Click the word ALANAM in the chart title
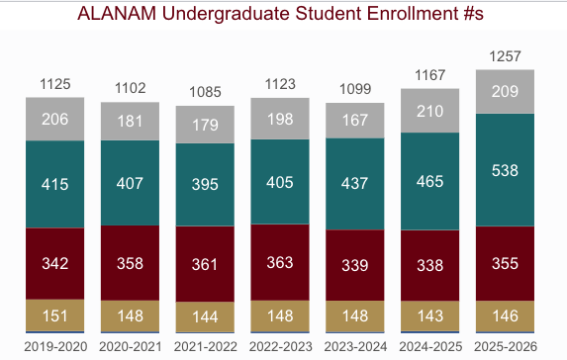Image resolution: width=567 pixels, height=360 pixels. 117,14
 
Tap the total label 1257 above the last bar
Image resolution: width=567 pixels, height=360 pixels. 505,56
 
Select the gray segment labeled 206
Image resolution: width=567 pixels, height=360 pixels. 55,119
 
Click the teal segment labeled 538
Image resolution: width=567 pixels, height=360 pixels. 505,170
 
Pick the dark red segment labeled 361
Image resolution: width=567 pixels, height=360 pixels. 205,264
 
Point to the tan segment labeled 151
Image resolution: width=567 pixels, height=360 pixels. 55,315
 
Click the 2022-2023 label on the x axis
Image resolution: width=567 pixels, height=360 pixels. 280,346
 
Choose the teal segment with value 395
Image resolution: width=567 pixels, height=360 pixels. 205,184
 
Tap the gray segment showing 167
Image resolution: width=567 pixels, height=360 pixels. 355,121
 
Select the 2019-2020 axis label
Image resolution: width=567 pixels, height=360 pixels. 55,346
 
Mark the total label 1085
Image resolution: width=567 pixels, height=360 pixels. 205,92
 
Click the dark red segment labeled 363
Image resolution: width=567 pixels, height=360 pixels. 280,262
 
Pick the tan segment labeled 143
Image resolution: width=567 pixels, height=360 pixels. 430,315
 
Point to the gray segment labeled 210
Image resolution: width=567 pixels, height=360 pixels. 430,111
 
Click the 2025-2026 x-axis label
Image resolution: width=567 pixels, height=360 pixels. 506,346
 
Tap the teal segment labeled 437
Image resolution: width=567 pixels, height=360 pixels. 355,184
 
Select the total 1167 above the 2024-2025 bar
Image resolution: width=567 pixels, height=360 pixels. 430,75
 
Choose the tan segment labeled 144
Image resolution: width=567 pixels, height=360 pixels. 205,316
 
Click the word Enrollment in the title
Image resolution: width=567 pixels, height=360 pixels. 413,14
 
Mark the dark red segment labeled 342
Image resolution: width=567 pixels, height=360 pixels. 55,263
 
